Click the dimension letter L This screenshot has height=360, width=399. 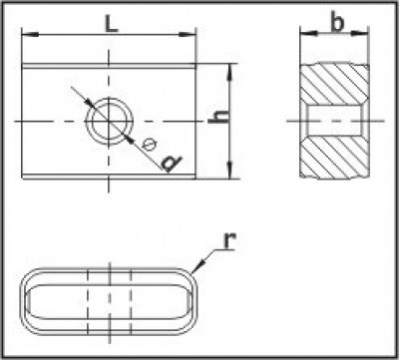click(x=112, y=24)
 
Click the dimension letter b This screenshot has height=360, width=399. click(x=337, y=23)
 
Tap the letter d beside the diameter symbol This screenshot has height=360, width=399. click(x=172, y=163)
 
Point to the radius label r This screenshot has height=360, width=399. click(x=229, y=240)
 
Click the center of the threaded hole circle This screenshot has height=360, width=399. click(x=109, y=121)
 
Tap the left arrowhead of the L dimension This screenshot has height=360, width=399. click(x=30, y=34)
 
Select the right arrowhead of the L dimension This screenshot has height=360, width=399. click(x=187, y=34)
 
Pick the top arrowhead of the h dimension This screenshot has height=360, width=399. click(x=230, y=72)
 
